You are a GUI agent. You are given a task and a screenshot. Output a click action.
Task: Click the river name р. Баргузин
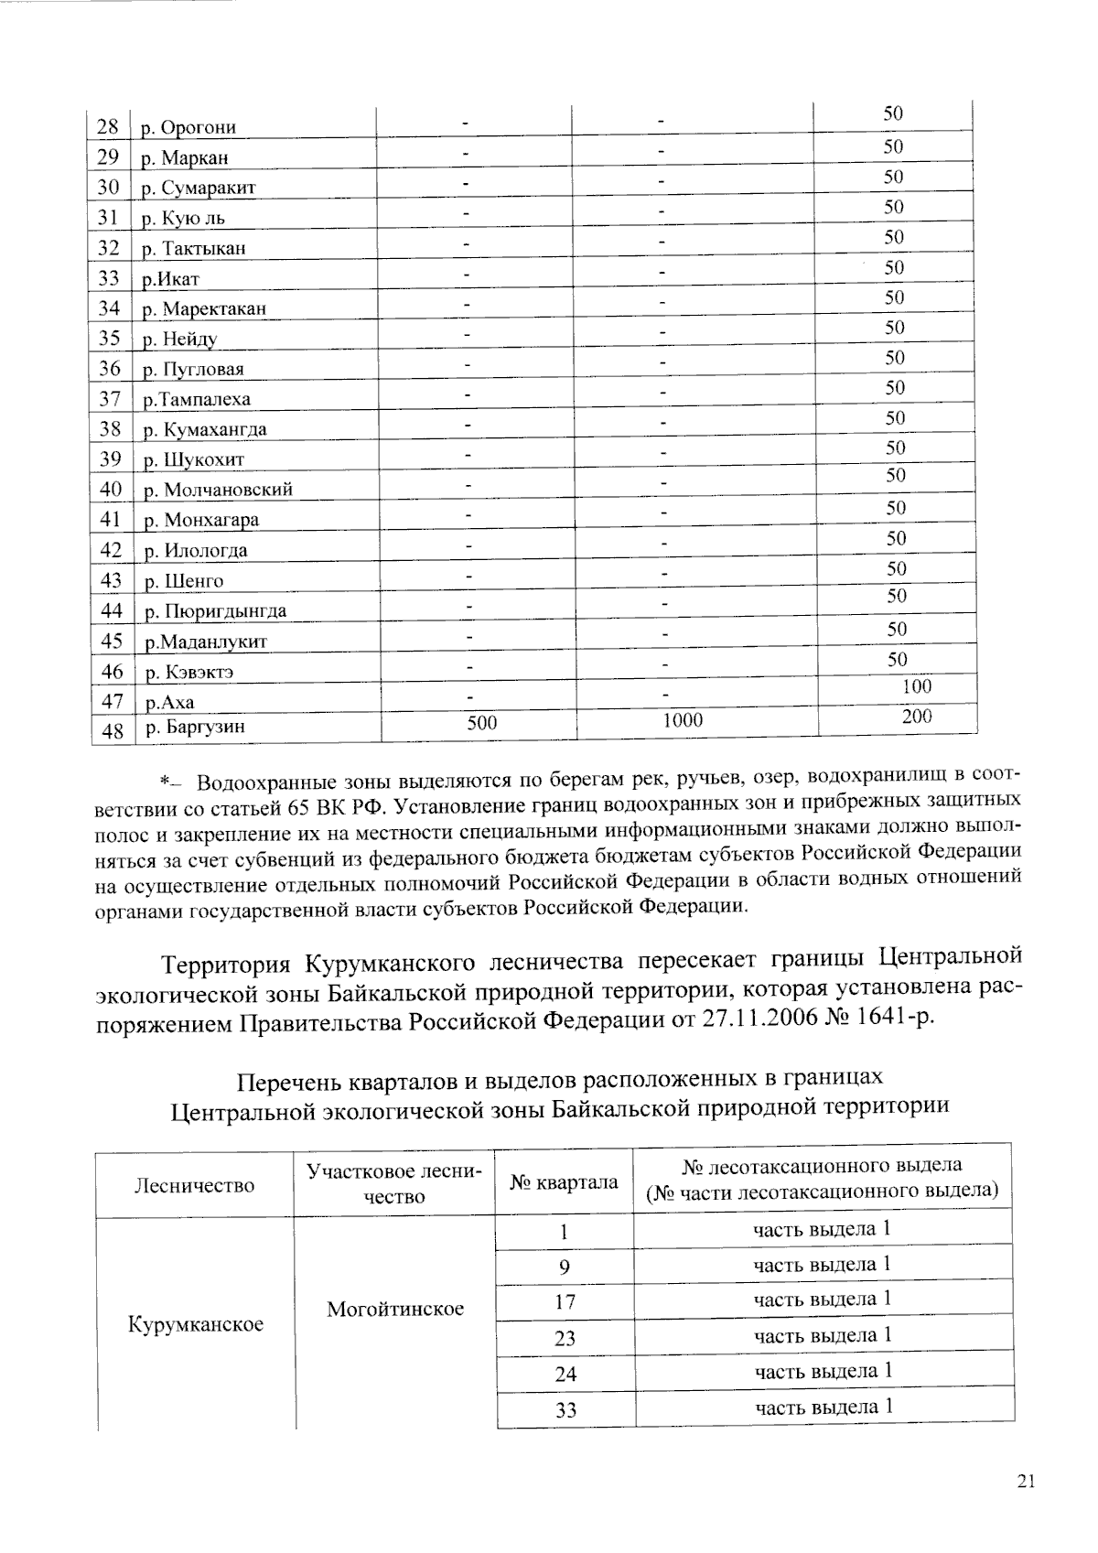click(x=194, y=728)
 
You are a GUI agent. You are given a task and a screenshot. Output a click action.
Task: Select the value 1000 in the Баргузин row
click(x=683, y=721)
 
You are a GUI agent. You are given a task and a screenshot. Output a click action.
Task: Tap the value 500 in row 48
click(x=481, y=723)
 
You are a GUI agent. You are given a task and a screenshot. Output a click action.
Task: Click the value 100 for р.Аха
click(x=916, y=687)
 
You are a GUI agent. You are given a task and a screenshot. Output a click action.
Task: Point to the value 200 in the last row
click(x=916, y=717)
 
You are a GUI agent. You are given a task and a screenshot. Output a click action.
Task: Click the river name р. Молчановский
click(x=219, y=490)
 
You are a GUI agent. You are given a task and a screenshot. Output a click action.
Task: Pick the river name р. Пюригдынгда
click(x=216, y=611)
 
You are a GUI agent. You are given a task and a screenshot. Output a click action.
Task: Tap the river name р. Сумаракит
click(x=199, y=188)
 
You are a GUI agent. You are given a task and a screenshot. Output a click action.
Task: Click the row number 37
click(x=110, y=399)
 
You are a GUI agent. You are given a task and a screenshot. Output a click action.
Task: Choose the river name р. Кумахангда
click(x=206, y=429)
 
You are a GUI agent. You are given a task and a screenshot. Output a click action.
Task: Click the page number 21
click(x=1025, y=1483)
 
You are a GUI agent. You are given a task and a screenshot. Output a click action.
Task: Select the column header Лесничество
click(x=194, y=1186)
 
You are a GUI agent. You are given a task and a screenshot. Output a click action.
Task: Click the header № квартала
click(x=564, y=1182)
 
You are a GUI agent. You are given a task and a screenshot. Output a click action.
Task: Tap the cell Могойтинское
click(x=395, y=1310)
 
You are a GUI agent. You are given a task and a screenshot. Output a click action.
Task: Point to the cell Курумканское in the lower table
click(x=196, y=1324)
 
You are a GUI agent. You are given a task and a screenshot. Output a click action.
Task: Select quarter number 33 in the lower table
click(x=565, y=1410)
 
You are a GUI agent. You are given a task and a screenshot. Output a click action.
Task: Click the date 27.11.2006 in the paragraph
click(x=761, y=1019)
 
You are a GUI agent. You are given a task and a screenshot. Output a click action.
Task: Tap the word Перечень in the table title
click(x=290, y=1083)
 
